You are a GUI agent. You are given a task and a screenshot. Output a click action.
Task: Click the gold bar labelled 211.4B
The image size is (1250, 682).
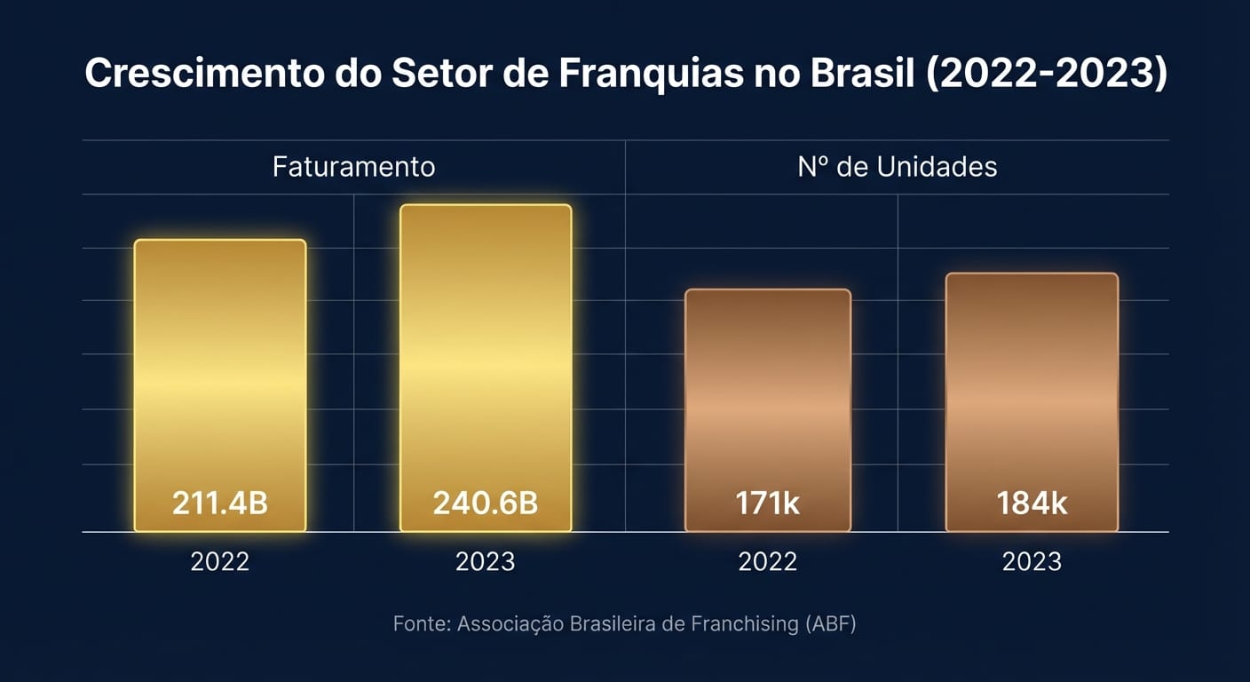click(220, 373)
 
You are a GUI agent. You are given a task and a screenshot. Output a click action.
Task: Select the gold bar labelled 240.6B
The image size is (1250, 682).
click(486, 355)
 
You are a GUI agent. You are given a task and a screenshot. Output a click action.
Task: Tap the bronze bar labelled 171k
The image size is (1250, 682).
click(768, 400)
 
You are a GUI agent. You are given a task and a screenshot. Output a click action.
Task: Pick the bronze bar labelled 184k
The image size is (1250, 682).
click(1032, 391)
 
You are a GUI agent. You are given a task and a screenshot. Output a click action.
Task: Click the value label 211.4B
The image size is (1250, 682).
click(220, 504)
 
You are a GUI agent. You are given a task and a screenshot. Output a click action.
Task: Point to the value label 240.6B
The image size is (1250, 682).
click(486, 504)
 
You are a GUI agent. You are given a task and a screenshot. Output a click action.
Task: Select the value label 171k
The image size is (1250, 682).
click(768, 504)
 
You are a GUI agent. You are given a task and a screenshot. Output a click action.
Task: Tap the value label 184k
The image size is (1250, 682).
click(1032, 504)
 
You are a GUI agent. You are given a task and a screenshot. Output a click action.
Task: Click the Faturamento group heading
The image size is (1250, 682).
click(353, 167)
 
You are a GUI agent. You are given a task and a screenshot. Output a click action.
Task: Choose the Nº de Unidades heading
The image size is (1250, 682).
click(897, 167)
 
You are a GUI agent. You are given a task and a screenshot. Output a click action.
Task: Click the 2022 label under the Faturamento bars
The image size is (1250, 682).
click(220, 561)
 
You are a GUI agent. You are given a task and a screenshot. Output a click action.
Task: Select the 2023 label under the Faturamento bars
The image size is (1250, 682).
click(486, 561)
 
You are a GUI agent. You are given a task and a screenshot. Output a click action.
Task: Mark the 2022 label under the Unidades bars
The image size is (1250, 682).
click(768, 561)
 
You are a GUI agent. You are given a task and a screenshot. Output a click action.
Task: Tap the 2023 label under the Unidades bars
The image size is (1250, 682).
click(1032, 561)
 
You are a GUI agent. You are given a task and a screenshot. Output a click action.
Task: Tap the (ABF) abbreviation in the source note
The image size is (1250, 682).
click(830, 624)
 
